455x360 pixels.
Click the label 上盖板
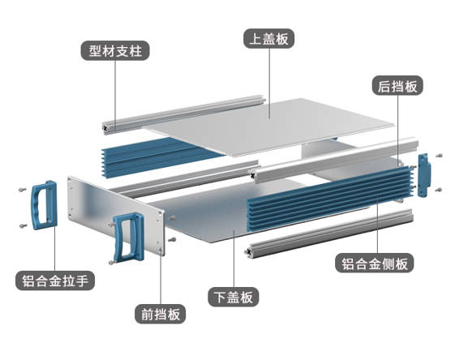click(x=269, y=39)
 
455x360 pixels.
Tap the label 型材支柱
click(x=115, y=50)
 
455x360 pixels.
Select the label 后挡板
click(x=397, y=85)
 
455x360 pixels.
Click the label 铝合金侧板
click(x=375, y=264)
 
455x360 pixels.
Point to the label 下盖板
click(x=234, y=297)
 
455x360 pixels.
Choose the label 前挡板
click(x=160, y=314)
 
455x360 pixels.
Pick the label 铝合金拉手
click(x=55, y=281)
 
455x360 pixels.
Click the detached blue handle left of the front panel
click(x=44, y=205)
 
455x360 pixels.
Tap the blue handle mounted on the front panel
click(x=128, y=237)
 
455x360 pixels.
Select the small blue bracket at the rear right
click(x=424, y=175)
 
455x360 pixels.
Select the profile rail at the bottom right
click(x=329, y=234)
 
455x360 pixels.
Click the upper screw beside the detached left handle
click(x=22, y=190)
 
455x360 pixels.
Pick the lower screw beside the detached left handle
click(x=23, y=225)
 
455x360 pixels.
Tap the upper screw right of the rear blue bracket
click(x=440, y=156)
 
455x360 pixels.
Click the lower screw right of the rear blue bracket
click(x=440, y=190)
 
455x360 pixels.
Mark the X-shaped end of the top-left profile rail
click(x=105, y=128)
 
